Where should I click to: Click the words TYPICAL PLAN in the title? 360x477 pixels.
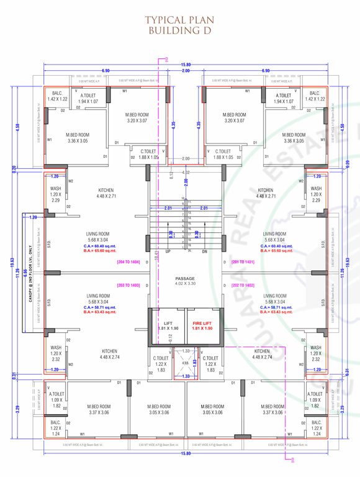coord(179,20)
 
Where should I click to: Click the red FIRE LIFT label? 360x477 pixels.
coord(202,322)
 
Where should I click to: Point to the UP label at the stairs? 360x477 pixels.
coord(168,252)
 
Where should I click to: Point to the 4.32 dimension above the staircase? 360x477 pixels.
coord(186,172)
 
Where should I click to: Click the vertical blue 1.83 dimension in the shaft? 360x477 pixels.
coord(194,362)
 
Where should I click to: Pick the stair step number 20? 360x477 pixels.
coord(189,250)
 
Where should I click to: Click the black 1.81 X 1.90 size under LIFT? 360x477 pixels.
coord(167,328)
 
